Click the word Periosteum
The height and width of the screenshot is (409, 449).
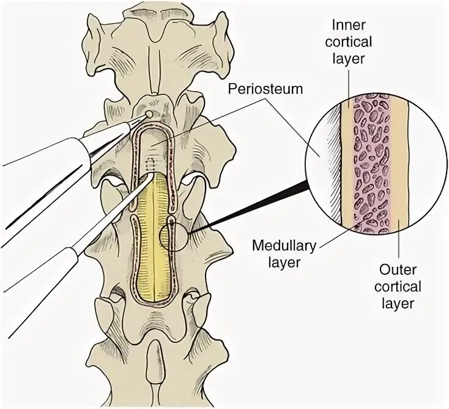point(265,89)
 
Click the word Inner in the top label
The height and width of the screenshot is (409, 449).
point(349,26)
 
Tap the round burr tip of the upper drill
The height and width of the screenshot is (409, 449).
point(149,114)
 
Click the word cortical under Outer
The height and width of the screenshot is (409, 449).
point(398,287)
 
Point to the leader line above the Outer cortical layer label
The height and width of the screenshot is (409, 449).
point(399,245)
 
